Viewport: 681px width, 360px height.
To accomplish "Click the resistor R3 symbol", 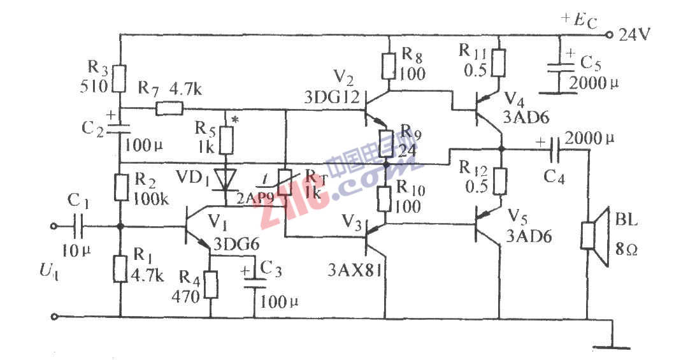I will coord(120,78).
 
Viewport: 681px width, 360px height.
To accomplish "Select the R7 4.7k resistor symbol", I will coord(169,109).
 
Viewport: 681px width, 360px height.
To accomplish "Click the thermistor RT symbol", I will coord(286,183).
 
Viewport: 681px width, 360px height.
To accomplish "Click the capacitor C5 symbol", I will coord(559,68).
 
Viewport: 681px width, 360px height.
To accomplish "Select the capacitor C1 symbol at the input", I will coord(80,226).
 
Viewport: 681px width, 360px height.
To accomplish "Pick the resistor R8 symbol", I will coord(388,65).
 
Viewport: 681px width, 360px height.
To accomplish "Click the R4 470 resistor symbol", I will coord(210,285).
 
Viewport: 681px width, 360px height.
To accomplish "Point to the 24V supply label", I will coord(634,35).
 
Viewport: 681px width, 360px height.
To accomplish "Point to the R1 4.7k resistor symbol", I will coord(120,268).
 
